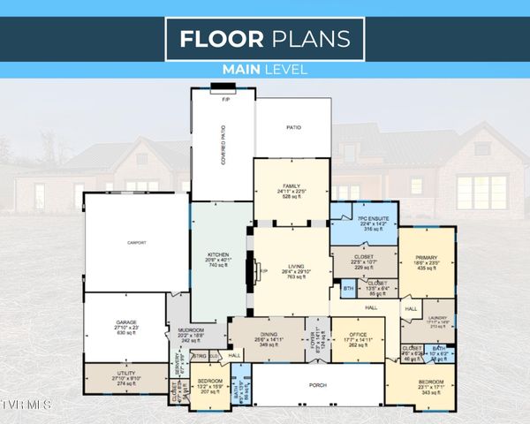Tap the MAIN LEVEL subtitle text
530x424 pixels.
(x=265, y=69)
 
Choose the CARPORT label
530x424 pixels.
(x=136, y=241)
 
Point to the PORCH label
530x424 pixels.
(x=317, y=384)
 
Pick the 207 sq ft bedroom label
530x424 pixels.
(x=208, y=385)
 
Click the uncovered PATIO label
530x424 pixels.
(x=292, y=128)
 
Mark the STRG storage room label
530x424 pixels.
(x=201, y=355)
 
